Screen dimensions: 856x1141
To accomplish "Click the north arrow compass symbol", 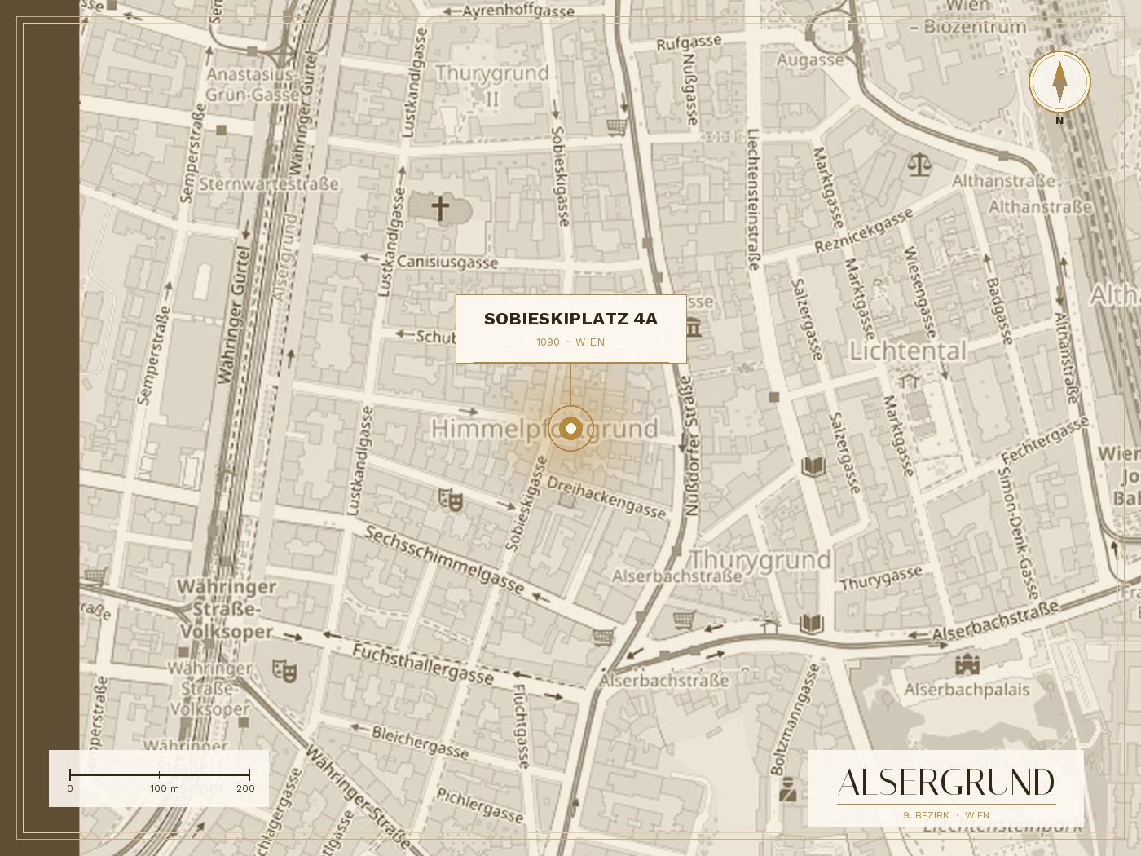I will click(x=1059, y=82).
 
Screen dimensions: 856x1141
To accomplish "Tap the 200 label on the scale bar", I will click(x=245, y=788).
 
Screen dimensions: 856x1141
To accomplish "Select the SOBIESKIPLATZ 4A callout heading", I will click(x=570, y=319).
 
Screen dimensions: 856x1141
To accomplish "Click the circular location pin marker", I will click(x=570, y=428).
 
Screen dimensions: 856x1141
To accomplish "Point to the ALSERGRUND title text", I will click(x=946, y=783).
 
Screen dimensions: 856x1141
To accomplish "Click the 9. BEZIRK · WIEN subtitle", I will click(x=946, y=815).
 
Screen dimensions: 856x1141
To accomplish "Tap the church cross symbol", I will click(x=440, y=208).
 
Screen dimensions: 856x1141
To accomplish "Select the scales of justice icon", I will click(x=919, y=165).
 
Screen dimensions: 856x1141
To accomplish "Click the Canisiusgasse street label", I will click(x=447, y=263).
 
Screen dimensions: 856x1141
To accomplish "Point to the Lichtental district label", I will click(x=908, y=351).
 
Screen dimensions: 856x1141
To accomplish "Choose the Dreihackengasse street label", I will click(x=606, y=496).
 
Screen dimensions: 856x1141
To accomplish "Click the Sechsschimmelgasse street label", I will click(x=444, y=559).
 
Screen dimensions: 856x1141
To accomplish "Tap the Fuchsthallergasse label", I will click(x=423, y=664).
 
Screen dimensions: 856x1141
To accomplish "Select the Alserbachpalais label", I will click(x=967, y=691).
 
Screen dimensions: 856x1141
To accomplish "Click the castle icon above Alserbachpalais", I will click(x=967, y=664).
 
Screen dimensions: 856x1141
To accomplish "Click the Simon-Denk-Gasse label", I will click(x=1018, y=523).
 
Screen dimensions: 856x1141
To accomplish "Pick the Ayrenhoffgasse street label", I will click(x=518, y=11).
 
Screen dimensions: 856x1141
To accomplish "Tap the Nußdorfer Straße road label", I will click(x=691, y=446).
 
